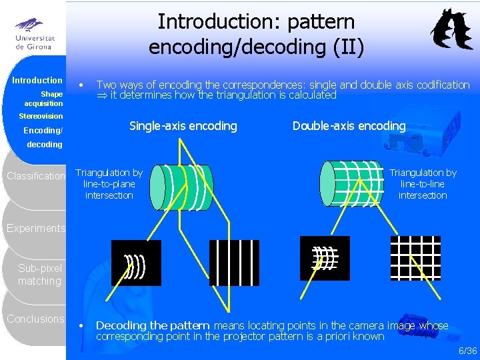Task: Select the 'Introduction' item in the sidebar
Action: [37, 80]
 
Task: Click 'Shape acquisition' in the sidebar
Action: [44, 99]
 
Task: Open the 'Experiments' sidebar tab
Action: [36, 229]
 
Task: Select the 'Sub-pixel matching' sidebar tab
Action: [40, 275]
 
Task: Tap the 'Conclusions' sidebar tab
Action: [36, 319]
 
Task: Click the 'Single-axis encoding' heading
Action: [183, 126]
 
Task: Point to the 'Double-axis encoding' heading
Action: [349, 126]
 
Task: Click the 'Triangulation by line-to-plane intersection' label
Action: [109, 184]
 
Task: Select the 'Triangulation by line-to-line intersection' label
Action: [423, 184]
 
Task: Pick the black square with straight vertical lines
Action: [234, 263]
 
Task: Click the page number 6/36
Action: [467, 351]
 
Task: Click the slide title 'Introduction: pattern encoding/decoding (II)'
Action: [256, 35]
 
